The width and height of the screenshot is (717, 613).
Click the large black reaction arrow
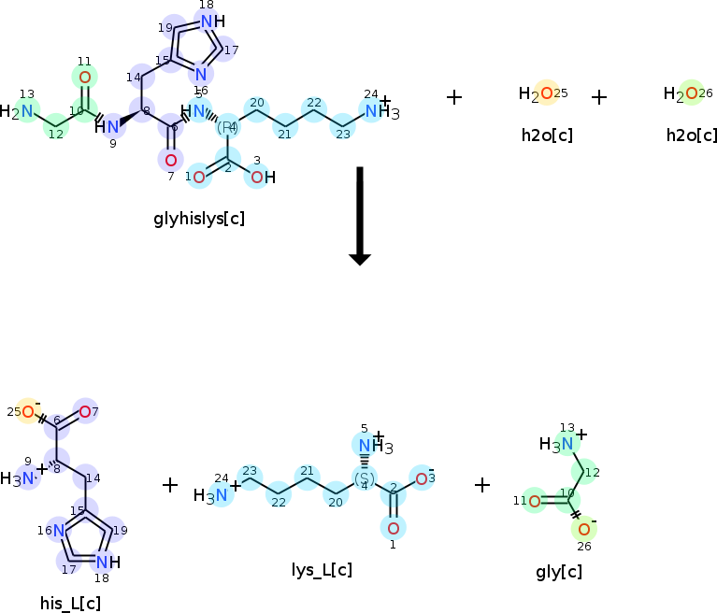360,215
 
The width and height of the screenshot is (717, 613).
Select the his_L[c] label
71,603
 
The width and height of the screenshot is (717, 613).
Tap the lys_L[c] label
322,569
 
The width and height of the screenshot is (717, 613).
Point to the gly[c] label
559,571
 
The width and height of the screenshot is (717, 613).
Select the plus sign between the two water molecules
599,96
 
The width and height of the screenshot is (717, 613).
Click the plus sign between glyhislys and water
454,96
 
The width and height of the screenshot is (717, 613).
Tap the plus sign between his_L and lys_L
170,485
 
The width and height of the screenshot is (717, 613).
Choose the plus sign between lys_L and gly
482,485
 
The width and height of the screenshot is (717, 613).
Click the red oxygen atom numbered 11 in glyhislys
85,78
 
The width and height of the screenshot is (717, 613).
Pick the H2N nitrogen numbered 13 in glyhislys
27,112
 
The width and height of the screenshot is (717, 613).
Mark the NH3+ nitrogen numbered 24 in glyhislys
372,112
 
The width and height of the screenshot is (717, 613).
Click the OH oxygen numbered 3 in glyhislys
257,177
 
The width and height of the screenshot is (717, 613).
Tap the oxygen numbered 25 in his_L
28,412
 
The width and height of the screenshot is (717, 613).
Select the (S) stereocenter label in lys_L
364,478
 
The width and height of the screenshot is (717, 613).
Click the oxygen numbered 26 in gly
583,530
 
